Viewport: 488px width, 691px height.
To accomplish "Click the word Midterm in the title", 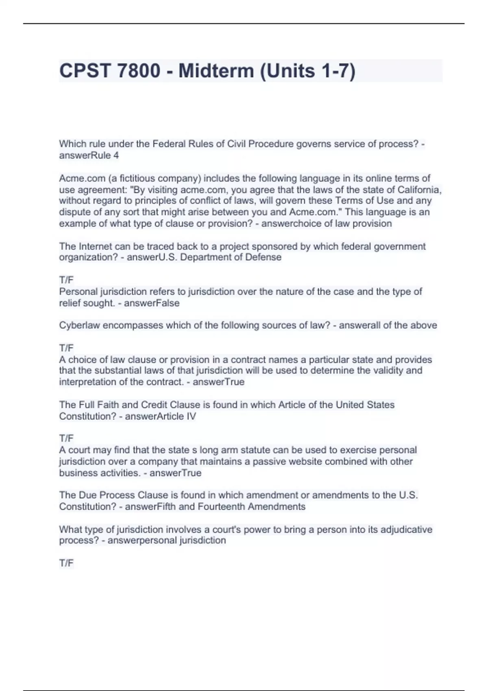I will pyautogui.click(x=216, y=71).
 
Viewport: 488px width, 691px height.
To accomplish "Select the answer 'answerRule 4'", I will pyautogui.click(x=89, y=155).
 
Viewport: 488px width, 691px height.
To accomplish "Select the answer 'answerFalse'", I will pyautogui.click(x=152, y=303).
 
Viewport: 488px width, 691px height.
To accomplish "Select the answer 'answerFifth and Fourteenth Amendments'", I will pyautogui.click(x=215, y=506).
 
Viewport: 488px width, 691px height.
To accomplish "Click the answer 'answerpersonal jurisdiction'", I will pyautogui.click(x=167, y=541).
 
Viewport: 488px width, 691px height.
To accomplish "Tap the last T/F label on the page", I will pyautogui.click(x=66, y=563).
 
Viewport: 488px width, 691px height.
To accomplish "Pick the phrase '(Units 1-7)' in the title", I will pyautogui.click(x=307, y=71).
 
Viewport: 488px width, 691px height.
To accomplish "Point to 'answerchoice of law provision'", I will pyautogui.click(x=327, y=224).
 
